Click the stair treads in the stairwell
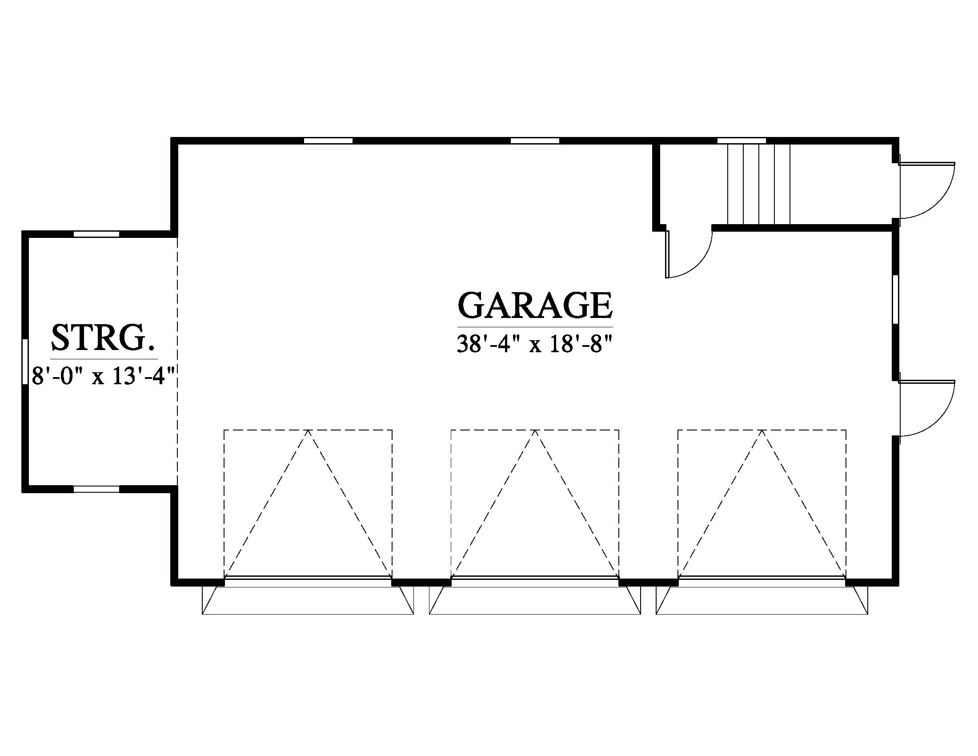[x=759, y=184]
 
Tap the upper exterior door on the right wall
[x=926, y=190]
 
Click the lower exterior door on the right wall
[x=926, y=408]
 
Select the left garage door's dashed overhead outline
[x=308, y=503]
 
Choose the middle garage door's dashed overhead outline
[x=535, y=503]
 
